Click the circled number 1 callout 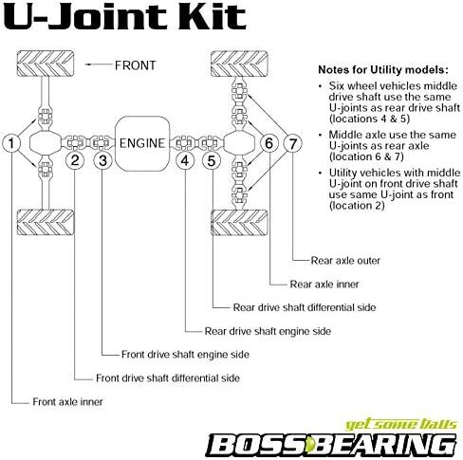[x=11, y=143]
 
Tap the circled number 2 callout [x=75, y=160]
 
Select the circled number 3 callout [x=102, y=160]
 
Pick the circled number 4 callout [x=185, y=160]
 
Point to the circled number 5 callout [x=212, y=160]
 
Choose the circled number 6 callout [x=269, y=143]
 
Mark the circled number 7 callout [x=292, y=143]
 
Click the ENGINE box [x=142, y=143]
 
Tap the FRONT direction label [x=136, y=65]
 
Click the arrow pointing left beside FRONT [x=98, y=64]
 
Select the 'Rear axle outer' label [x=345, y=261]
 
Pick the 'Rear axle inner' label [x=324, y=285]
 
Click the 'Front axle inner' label [x=67, y=402]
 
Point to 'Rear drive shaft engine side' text [x=268, y=331]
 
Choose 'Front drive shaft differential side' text [x=168, y=378]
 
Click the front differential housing [x=46, y=143]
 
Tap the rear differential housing [x=239, y=143]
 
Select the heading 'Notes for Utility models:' [x=383, y=69]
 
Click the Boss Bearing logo [x=331, y=439]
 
